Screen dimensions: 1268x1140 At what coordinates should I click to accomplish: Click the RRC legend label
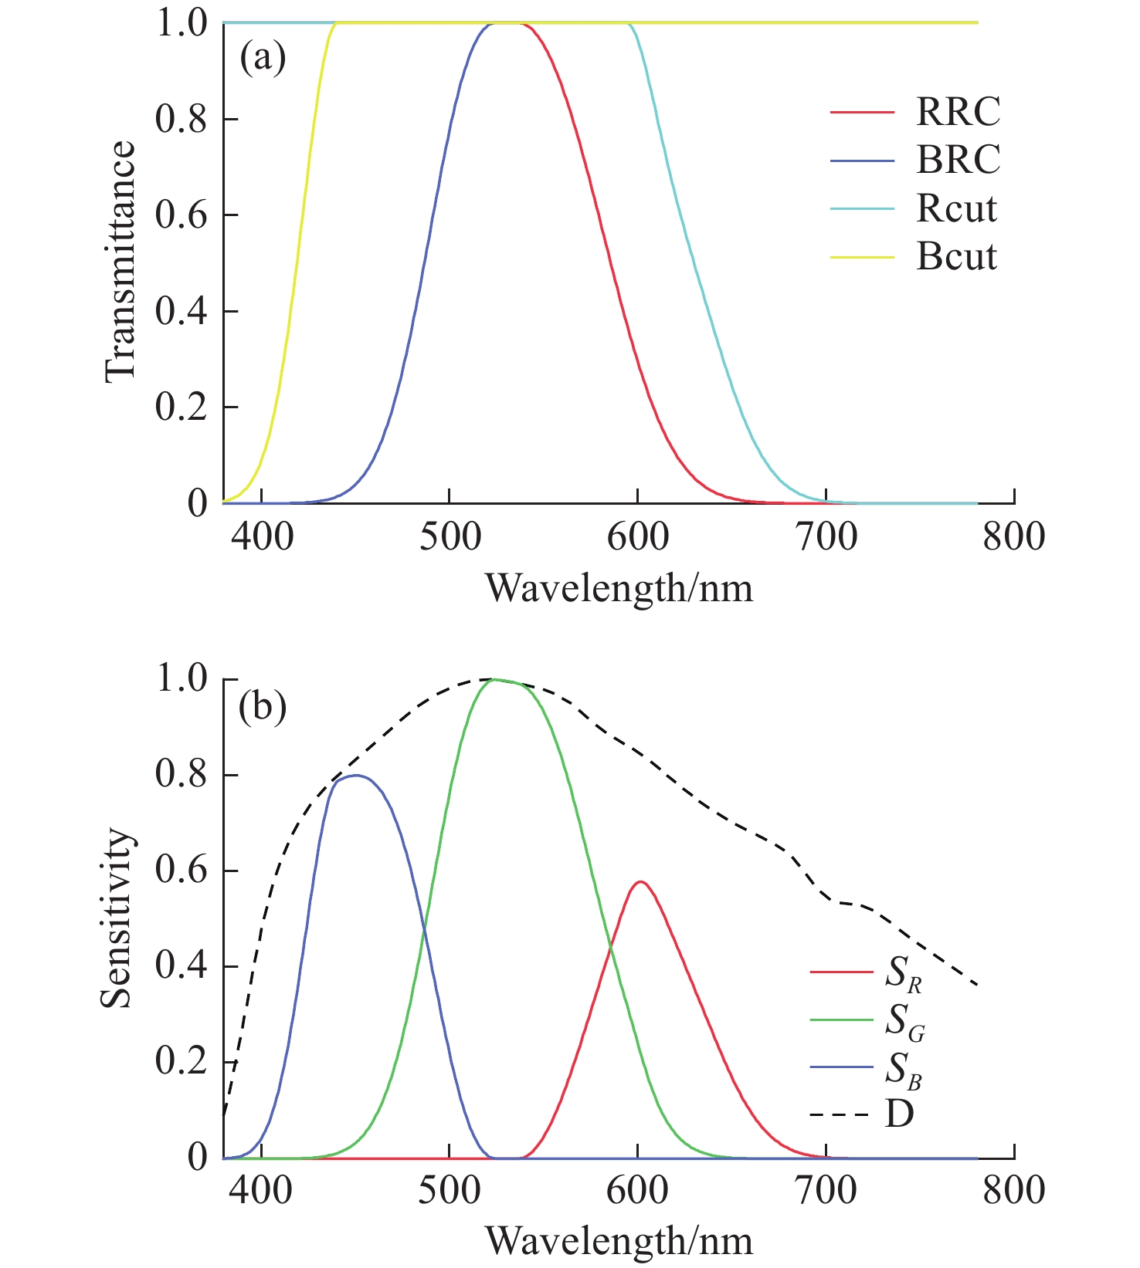[x=958, y=113]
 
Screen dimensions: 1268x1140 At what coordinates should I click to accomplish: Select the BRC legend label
[x=958, y=161]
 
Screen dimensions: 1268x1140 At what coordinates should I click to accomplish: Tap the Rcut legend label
[x=956, y=208]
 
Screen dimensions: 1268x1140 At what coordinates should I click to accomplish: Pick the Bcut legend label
[x=956, y=256]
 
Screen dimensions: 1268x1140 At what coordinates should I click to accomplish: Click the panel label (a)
[x=263, y=58]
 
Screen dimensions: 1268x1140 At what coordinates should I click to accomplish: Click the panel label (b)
[x=263, y=707]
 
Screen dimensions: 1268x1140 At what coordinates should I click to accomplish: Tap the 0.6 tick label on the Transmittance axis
[x=182, y=215]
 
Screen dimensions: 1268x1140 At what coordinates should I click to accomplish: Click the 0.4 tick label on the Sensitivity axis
[x=182, y=966]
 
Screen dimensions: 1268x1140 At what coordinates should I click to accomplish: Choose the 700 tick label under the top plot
[x=826, y=537]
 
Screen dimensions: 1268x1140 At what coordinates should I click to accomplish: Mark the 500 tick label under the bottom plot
[x=450, y=1192]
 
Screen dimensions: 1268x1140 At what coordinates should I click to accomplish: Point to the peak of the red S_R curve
[x=640, y=881]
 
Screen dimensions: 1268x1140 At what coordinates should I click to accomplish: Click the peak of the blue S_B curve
[x=355, y=775]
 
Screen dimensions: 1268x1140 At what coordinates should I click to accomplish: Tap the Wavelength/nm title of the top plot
[x=619, y=590]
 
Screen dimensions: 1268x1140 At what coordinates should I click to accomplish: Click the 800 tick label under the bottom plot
[x=1013, y=1192]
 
